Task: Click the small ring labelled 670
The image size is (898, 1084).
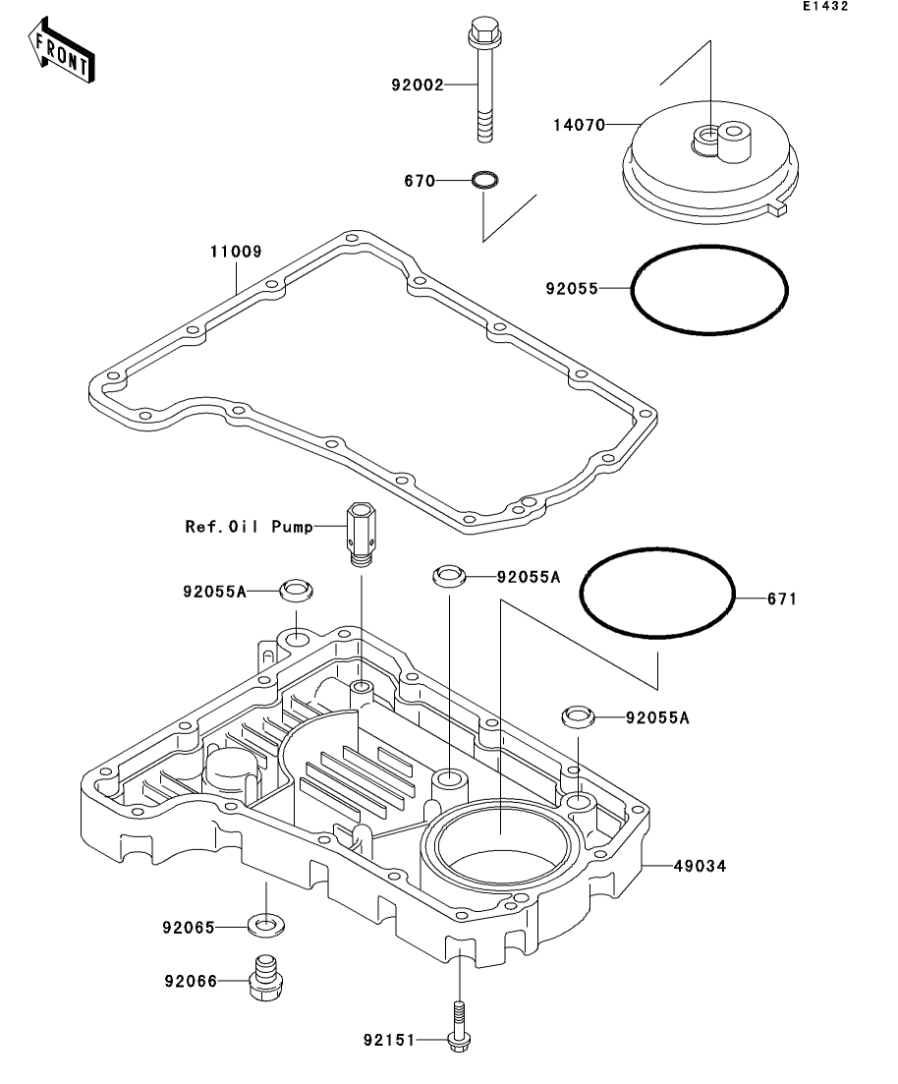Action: (x=484, y=181)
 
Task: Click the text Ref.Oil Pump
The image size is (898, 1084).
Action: (x=249, y=527)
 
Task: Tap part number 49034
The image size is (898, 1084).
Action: (x=700, y=866)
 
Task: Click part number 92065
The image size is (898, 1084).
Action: (x=190, y=926)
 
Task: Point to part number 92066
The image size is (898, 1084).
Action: (x=190, y=980)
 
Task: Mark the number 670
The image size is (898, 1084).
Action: (x=419, y=181)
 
